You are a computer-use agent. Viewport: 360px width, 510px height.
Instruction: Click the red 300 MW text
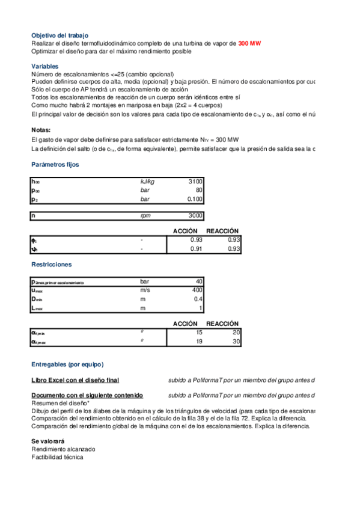[249, 43]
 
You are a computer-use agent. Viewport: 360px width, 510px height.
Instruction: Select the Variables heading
[45, 66]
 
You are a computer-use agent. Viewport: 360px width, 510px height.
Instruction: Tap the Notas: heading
[41, 130]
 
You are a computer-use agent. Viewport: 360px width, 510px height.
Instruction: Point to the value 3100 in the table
[195, 181]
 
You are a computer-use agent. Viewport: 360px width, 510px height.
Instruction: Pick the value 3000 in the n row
[195, 216]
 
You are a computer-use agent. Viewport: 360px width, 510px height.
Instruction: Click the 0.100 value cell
[194, 199]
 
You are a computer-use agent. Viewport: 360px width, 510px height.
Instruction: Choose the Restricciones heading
[51, 264]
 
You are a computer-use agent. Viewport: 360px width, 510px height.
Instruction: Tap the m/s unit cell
[146, 290]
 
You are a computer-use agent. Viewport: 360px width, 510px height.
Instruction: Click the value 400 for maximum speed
[197, 290]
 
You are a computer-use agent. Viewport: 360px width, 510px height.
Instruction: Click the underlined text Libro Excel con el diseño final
[75, 380]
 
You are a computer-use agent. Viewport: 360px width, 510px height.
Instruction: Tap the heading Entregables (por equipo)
[67, 364]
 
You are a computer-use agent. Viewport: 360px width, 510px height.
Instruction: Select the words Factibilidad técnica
[57, 457]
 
